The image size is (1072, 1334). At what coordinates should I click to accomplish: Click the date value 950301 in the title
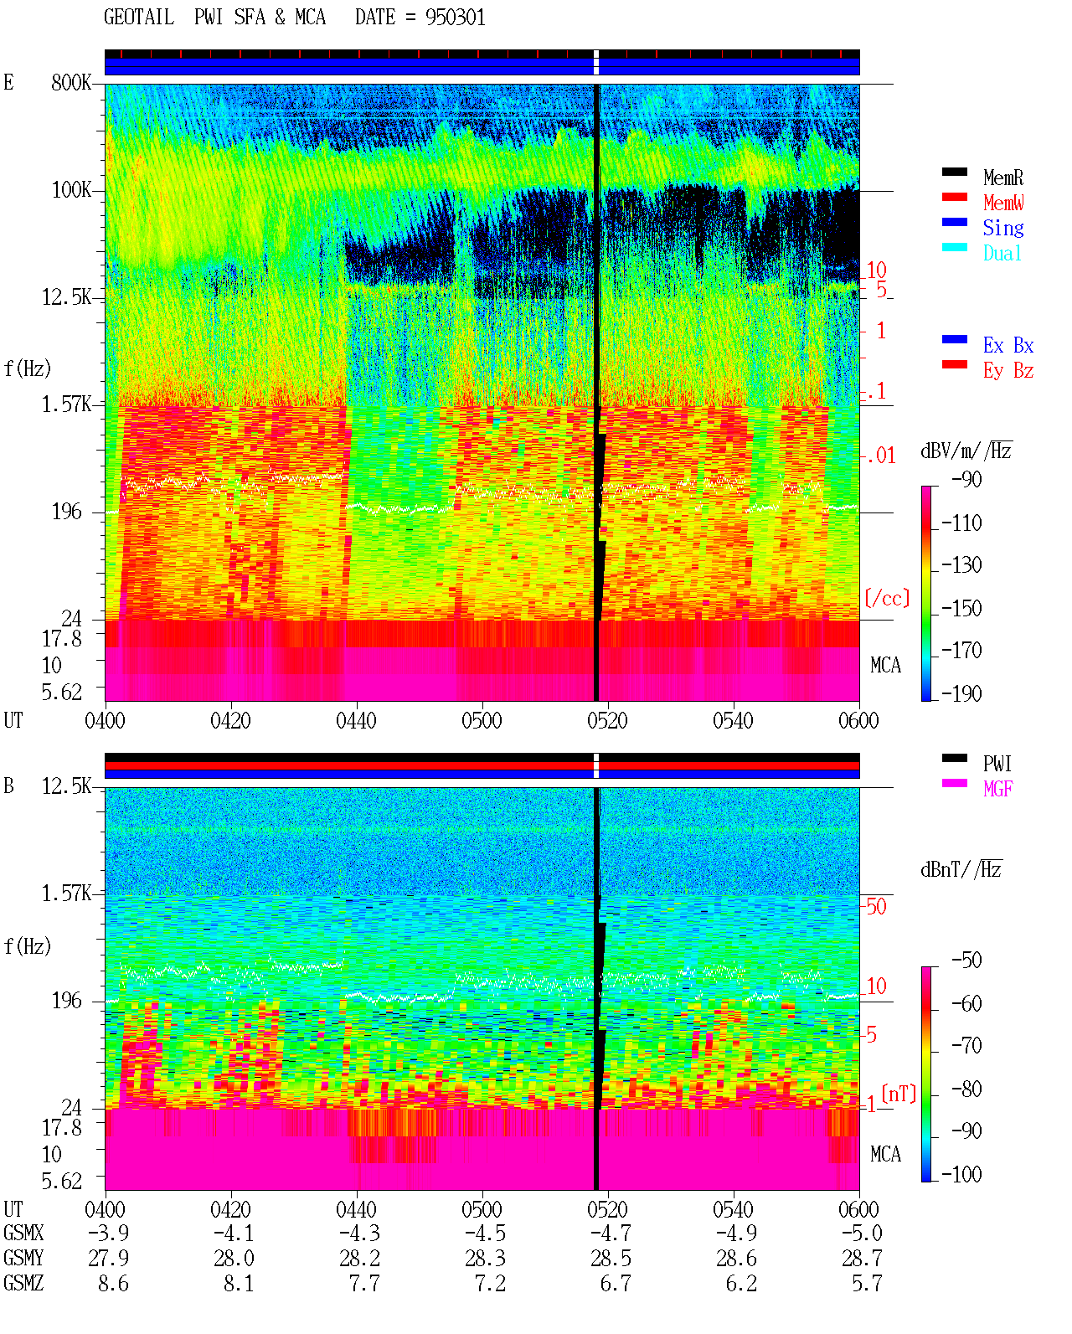(x=455, y=18)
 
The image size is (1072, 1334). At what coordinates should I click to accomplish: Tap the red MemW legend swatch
(x=954, y=197)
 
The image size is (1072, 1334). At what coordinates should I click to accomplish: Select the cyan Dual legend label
(x=1002, y=253)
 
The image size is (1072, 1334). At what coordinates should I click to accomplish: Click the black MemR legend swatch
(x=954, y=172)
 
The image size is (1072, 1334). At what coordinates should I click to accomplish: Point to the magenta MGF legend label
(x=997, y=789)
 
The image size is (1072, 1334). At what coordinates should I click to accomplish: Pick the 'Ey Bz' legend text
(x=1008, y=371)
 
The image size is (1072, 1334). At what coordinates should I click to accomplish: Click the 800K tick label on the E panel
(x=71, y=82)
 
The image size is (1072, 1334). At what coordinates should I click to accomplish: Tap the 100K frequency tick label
(x=71, y=190)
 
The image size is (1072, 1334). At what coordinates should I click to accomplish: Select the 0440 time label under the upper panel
(x=356, y=720)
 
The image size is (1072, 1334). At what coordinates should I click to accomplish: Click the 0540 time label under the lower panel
(x=733, y=1209)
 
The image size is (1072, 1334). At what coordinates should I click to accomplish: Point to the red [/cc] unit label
(x=887, y=598)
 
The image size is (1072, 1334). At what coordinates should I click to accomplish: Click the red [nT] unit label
(x=899, y=1094)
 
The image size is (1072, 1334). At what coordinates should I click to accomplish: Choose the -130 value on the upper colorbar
(x=961, y=565)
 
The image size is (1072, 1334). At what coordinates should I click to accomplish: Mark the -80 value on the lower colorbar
(x=966, y=1089)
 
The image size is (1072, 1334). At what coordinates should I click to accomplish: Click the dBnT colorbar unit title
(x=961, y=870)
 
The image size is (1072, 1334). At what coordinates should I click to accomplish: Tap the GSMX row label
(x=23, y=1233)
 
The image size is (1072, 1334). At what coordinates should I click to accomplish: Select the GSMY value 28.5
(x=611, y=1259)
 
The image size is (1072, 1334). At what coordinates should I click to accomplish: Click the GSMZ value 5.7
(x=867, y=1283)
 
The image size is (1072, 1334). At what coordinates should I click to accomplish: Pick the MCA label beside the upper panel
(x=885, y=665)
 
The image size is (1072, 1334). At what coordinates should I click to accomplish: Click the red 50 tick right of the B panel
(x=876, y=906)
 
